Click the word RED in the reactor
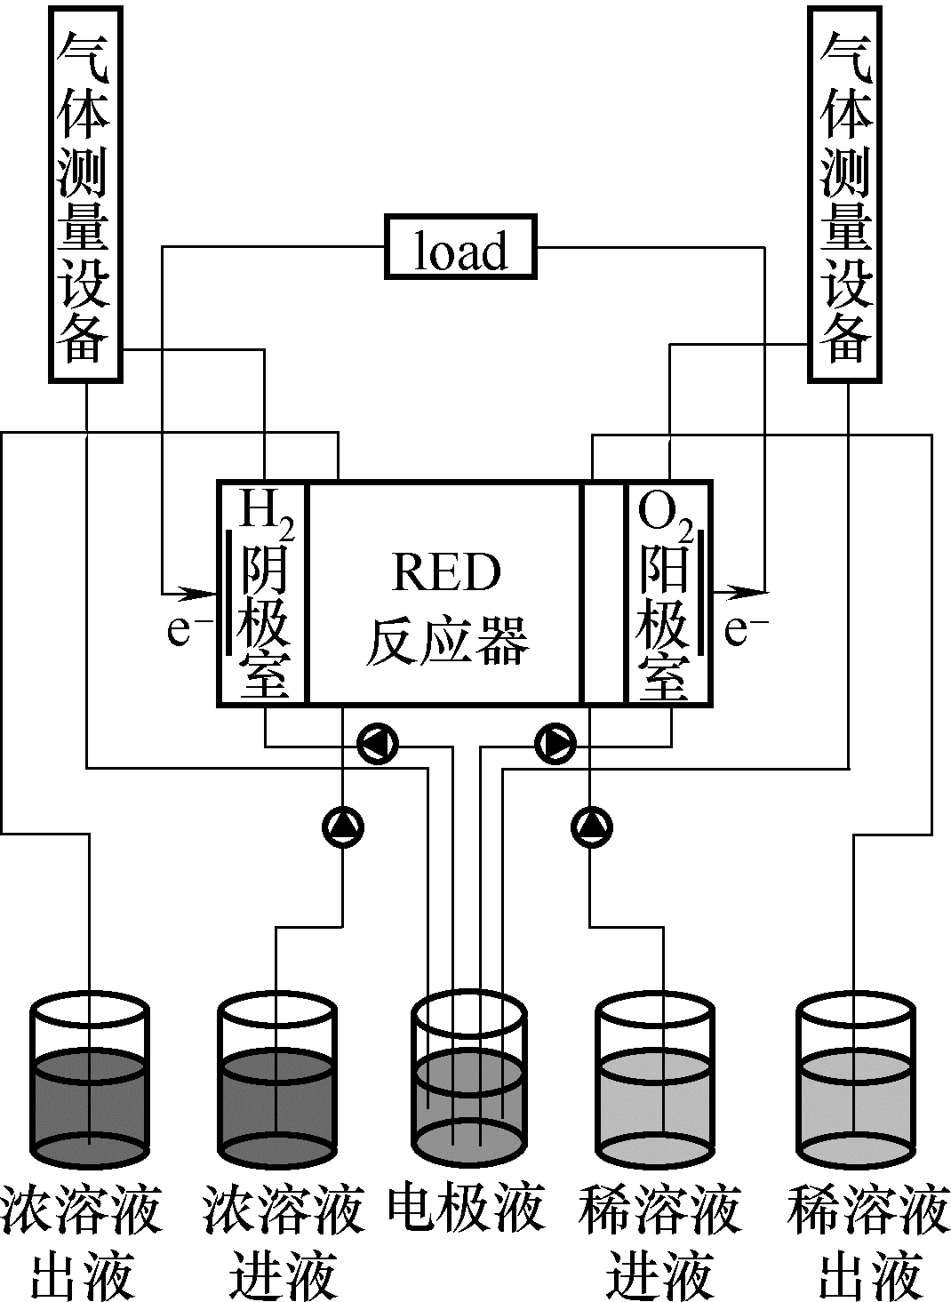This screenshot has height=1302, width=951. tap(446, 573)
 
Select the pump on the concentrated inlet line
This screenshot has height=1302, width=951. tap(343, 827)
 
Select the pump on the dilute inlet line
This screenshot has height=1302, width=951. tap(591, 827)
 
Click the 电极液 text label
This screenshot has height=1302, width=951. tap(466, 1209)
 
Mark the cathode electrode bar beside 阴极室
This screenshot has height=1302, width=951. tap(231, 591)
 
